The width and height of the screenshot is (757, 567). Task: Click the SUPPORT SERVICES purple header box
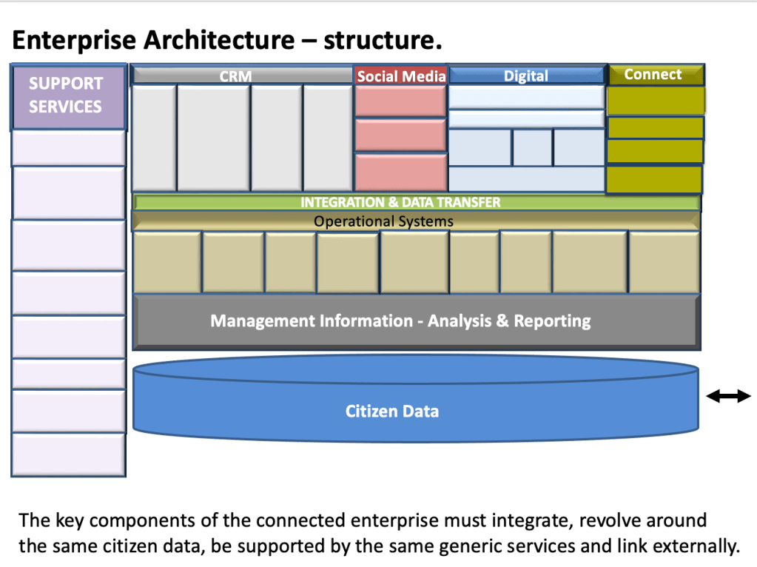point(68,96)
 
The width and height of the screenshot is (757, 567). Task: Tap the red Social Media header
point(401,76)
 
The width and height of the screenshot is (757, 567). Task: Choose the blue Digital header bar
point(526,76)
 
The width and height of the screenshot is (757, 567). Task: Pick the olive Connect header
point(654,74)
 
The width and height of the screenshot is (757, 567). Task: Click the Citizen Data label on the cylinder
point(392,411)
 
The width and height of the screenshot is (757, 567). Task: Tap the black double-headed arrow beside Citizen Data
point(728,397)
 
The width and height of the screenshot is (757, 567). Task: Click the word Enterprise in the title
point(75,40)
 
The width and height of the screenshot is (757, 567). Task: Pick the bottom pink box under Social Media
point(400,172)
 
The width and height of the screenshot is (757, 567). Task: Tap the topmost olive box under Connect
point(655,101)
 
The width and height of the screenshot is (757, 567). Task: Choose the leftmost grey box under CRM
point(153,138)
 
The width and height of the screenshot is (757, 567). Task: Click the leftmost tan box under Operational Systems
point(166,262)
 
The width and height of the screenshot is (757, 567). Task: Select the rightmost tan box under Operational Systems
point(664,262)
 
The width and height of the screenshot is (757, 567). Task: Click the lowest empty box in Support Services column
point(68,454)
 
